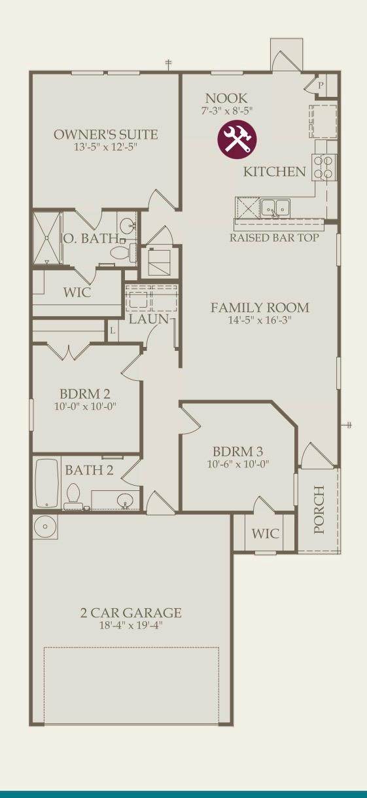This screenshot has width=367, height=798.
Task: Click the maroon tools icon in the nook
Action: (237, 139)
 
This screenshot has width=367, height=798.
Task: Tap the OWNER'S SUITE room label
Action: (106, 135)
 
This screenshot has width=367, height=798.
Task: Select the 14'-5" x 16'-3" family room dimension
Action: (260, 320)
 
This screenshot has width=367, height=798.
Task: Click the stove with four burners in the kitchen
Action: (324, 167)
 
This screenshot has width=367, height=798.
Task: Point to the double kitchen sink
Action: (275, 208)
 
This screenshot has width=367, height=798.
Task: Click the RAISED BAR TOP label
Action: (274, 238)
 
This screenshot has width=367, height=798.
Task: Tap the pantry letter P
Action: (321, 85)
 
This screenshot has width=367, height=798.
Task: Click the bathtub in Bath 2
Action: (47, 483)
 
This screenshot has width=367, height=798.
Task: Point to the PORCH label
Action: (319, 509)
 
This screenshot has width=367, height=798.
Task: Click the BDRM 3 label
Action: (237, 452)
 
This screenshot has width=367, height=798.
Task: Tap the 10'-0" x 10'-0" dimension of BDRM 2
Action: (86, 407)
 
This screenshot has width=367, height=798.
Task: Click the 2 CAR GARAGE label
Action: (131, 613)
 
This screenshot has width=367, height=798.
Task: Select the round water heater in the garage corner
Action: (45, 526)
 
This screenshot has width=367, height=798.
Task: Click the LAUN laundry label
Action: (149, 319)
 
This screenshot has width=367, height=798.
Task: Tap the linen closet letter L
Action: (113, 331)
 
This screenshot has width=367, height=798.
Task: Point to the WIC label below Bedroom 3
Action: (266, 534)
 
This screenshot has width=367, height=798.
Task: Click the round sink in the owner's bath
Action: (126, 225)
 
